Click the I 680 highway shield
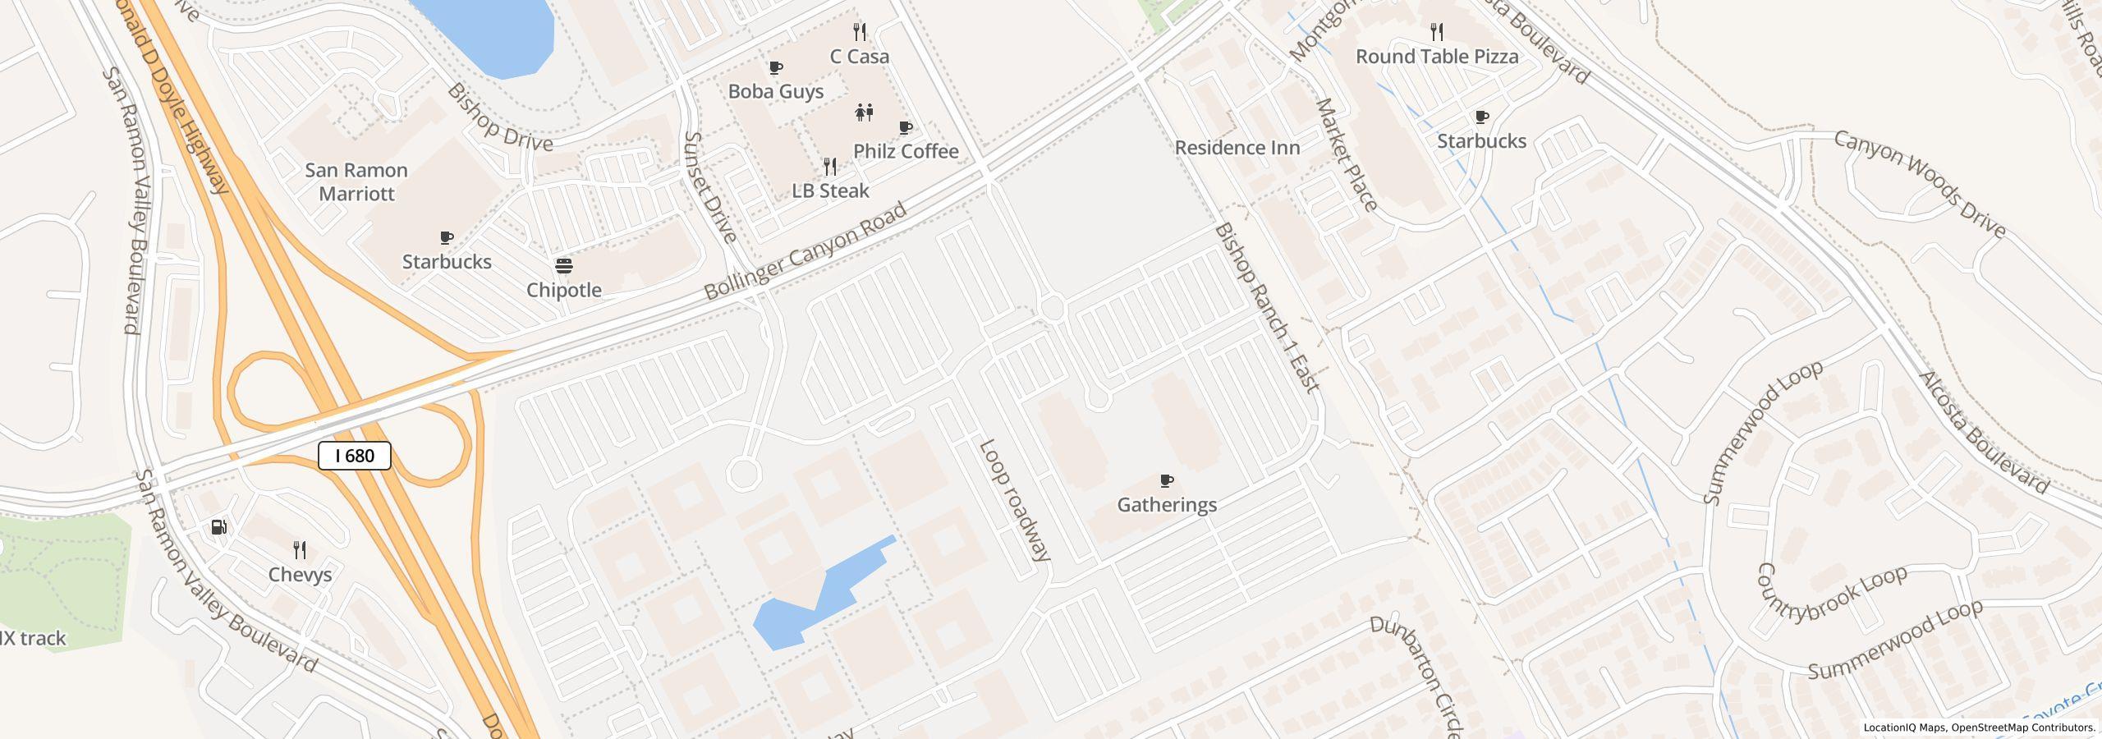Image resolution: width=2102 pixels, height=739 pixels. coord(355,456)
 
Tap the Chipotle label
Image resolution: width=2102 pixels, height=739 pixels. coord(564,290)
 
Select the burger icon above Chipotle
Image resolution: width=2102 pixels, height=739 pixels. coord(564,266)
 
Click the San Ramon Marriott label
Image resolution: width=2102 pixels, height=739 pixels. coord(356,181)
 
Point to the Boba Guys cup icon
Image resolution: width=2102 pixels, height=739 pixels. coord(775,67)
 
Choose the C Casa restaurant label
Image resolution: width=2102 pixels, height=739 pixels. coord(860,57)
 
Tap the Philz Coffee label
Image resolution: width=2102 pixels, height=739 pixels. coord(906,151)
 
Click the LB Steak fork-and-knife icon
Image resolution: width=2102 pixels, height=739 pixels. coord(830,167)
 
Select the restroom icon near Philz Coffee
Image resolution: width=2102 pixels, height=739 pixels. coord(864,112)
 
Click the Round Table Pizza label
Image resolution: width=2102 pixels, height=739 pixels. coord(1437,57)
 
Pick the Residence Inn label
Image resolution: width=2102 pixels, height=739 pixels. coord(1237,148)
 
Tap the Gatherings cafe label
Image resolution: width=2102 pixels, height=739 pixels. coord(1167,504)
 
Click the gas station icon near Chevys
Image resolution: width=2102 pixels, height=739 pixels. coord(219,527)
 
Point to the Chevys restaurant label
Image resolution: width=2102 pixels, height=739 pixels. coord(301,574)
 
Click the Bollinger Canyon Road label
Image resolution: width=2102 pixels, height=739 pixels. coord(805,250)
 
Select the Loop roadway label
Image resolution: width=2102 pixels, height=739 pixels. coord(1015,500)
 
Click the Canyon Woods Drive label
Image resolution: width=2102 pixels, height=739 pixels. coord(1920,184)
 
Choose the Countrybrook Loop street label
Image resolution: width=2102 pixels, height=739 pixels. coord(1830,595)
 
